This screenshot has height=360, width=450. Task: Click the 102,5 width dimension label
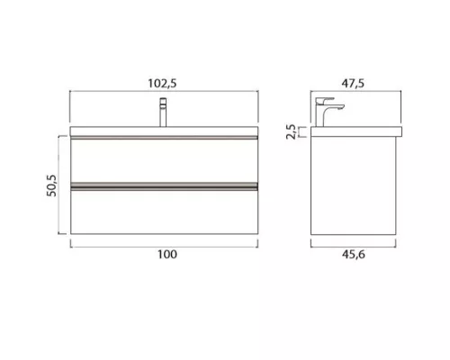162,83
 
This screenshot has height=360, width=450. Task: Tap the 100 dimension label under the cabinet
167,255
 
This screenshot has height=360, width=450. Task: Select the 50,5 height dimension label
51,185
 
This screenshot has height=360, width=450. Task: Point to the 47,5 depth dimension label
353,83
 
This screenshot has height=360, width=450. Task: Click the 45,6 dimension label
354,255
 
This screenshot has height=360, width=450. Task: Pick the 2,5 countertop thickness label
291,131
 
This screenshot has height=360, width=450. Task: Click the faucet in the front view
163,112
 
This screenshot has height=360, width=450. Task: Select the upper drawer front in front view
164,160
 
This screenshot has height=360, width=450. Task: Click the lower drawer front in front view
164,212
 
